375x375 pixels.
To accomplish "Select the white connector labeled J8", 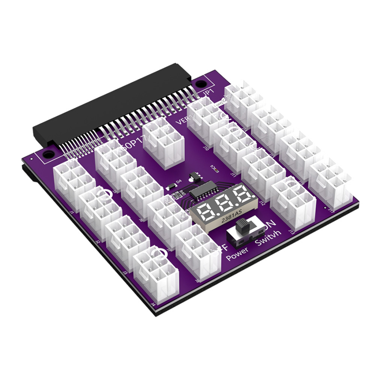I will click(197, 253).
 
